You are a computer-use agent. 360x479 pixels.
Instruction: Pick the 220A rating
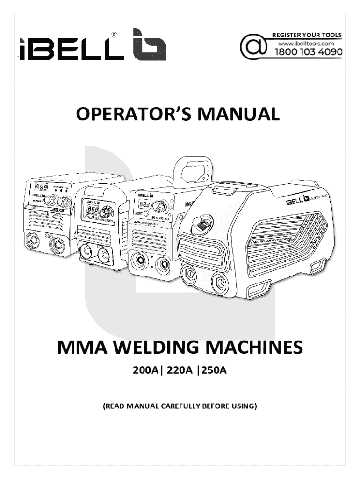tap(180, 372)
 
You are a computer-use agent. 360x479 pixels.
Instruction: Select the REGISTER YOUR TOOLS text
tap(307, 35)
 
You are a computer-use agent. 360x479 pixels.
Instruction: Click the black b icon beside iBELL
tap(149, 44)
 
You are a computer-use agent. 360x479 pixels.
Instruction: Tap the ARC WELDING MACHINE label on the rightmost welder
tap(272, 239)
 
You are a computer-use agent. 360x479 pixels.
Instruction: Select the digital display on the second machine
tap(90, 208)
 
